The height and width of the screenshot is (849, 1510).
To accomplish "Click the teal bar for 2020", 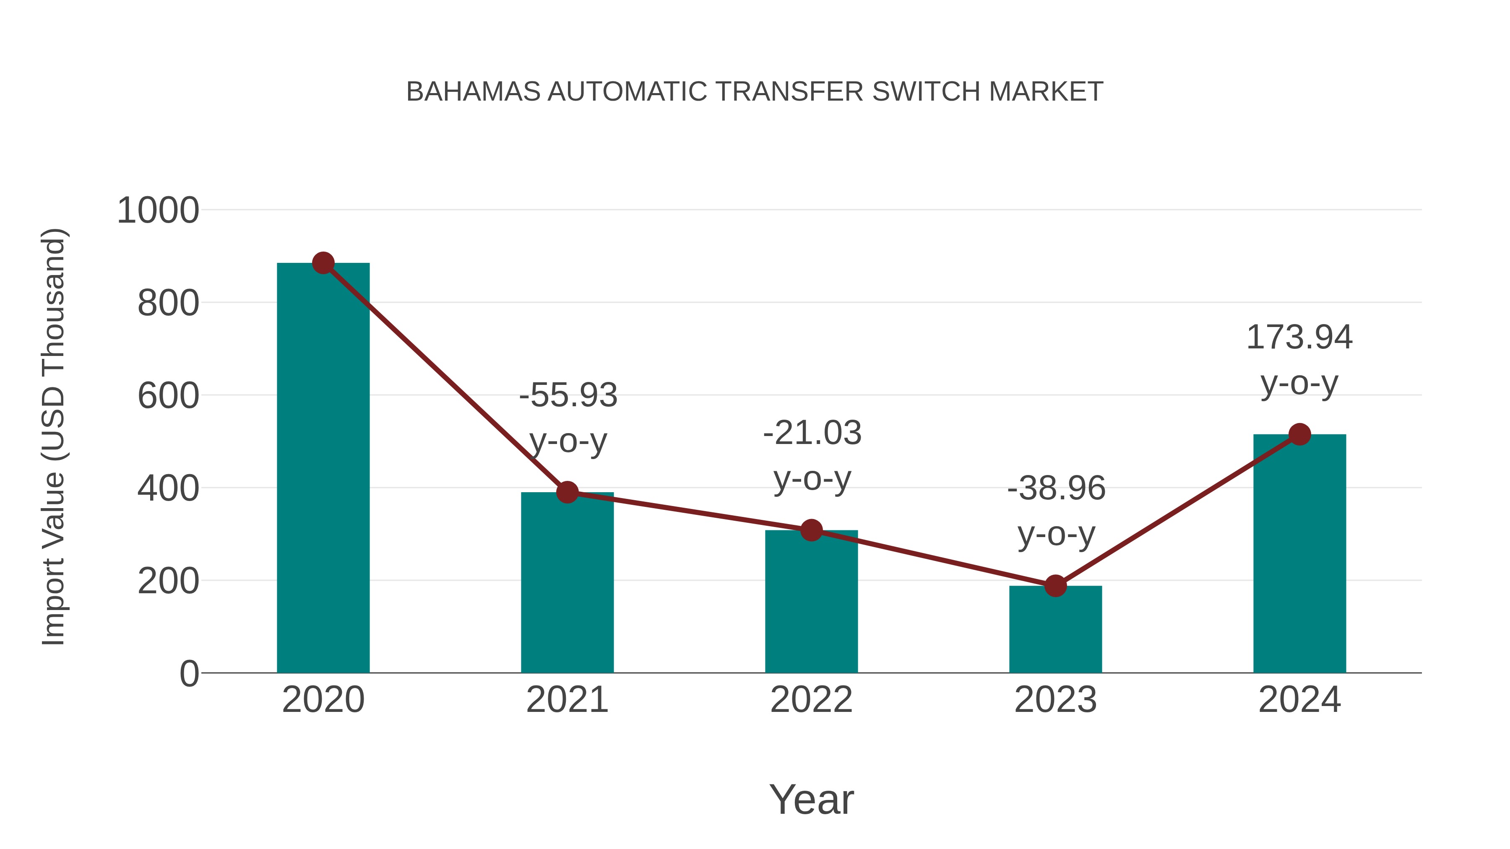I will pyautogui.click(x=323, y=469).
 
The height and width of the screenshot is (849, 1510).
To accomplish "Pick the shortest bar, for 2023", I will pyautogui.click(x=1055, y=629).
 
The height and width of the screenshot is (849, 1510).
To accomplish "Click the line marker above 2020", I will pyautogui.click(x=323, y=263).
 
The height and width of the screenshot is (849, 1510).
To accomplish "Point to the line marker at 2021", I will pyautogui.click(x=567, y=492).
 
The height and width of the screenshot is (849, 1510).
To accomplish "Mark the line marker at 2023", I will pyautogui.click(x=1055, y=585).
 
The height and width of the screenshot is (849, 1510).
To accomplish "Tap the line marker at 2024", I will pyautogui.click(x=1299, y=434).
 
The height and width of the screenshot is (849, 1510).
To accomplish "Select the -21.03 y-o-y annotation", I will pyautogui.click(x=812, y=455).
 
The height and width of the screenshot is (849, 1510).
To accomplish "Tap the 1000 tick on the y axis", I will pyautogui.click(x=158, y=210).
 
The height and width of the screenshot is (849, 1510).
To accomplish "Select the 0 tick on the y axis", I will pyautogui.click(x=189, y=673).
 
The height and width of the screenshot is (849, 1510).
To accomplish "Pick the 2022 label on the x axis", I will pyautogui.click(x=811, y=700).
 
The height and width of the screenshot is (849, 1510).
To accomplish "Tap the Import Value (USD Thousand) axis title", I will pyautogui.click(x=53, y=436).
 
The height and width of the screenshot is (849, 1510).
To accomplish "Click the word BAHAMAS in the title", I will pyautogui.click(x=473, y=92).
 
